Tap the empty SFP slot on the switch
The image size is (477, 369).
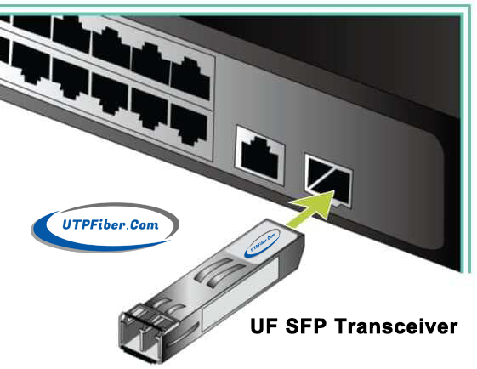tap(328, 181)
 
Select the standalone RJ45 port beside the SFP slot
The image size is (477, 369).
tap(260, 156)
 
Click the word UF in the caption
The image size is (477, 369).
tap(264, 326)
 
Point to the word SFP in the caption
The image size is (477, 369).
tap(306, 326)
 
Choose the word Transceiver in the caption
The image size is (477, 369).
tap(396, 326)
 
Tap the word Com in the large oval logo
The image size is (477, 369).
tap(145, 224)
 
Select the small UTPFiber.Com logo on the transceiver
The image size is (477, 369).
tap(262, 244)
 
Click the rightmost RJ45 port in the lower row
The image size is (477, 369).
tap(190, 124)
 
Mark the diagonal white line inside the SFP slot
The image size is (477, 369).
tap(323, 179)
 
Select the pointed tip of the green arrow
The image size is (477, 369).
tap(334, 191)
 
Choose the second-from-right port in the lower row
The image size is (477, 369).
tap(150, 109)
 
